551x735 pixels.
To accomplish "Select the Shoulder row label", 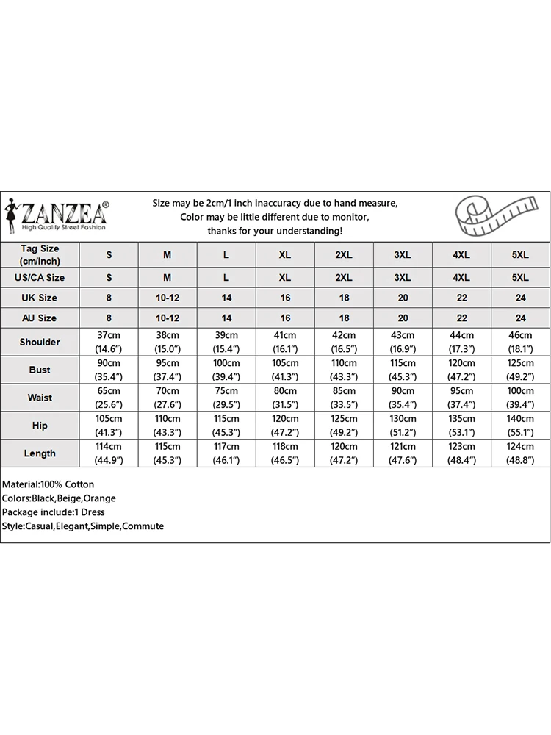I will click(x=40, y=342).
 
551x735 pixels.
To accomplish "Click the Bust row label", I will click(x=40, y=370).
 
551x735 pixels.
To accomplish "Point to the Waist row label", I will click(x=40, y=398).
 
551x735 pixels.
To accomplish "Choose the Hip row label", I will click(x=40, y=426).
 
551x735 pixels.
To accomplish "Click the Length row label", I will click(x=40, y=453).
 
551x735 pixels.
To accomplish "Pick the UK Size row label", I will click(x=40, y=298).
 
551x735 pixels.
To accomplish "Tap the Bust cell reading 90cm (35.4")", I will click(x=109, y=370).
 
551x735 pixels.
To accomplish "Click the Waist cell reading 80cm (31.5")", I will click(x=285, y=398).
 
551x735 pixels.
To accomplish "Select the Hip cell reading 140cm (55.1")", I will click(x=520, y=426).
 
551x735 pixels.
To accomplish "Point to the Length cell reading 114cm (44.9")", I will click(x=109, y=453).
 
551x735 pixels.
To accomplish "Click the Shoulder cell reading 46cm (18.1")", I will click(x=520, y=342).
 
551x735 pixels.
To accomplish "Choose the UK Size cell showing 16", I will click(x=285, y=298).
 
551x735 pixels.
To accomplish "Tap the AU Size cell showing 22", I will click(x=461, y=318).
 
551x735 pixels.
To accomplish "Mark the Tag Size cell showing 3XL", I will click(x=403, y=254).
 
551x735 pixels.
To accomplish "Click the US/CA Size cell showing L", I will click(x=226, y=278).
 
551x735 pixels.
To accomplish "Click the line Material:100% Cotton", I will click(x=48, y=484).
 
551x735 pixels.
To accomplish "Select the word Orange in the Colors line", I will click(x=99, y=498).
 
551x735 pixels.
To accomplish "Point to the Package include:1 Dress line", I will click(x=54, y=512).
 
